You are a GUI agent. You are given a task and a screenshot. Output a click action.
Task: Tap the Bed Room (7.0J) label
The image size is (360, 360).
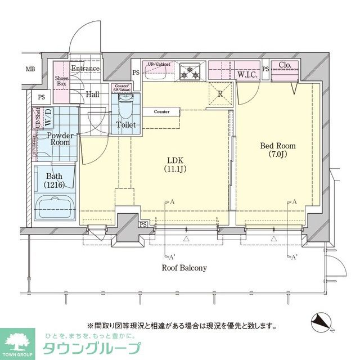(277, 150)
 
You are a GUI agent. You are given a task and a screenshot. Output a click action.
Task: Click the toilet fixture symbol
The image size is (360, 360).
(125, 105)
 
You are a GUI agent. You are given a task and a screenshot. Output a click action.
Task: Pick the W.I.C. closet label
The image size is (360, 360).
(247, 74)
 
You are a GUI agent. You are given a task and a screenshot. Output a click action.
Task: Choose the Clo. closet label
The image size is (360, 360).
(285, 65)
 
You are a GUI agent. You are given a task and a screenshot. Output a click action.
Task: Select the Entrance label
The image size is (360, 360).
(85, 69)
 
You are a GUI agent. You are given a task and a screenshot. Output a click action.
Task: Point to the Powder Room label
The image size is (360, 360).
(60, 139)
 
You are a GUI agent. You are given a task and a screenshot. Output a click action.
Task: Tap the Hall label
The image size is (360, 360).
(92, 94)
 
